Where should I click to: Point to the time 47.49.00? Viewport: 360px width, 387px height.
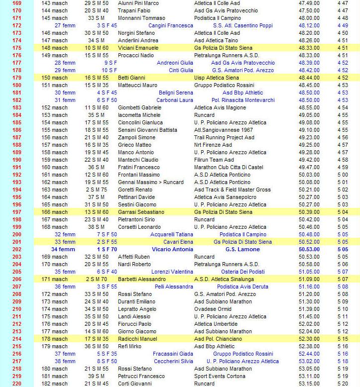pos(309,3)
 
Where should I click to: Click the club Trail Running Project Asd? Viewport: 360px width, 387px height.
pos(225,137)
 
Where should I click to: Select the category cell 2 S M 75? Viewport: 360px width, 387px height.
pos(96,190)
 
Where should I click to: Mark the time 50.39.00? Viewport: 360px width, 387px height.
pos(309,212)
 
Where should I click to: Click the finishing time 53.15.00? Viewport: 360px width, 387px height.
pos(309,384)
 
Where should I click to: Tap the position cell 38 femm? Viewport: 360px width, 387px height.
pos(65,361)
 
